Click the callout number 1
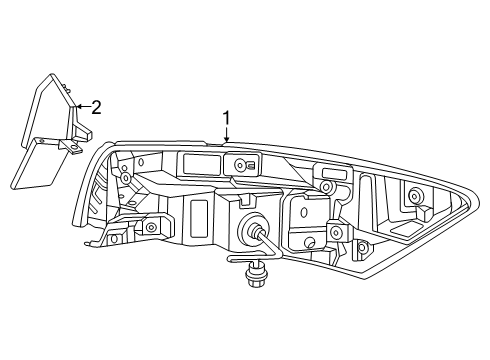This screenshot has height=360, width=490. click(x=227, y=119)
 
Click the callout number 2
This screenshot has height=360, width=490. click(x=96, y=107)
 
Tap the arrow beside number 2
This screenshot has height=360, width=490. click(x=82, y=106)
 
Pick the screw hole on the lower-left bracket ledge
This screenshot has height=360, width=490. click(x=151, y=228)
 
